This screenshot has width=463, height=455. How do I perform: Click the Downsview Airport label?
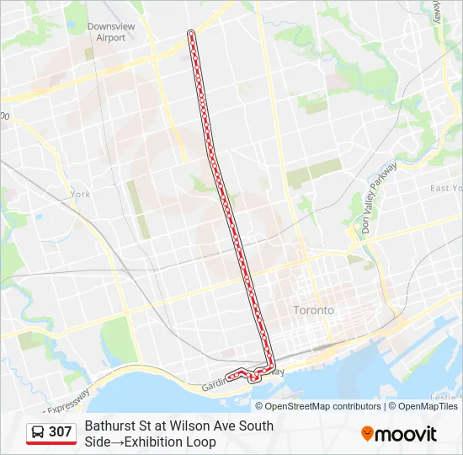click(x=111, y=32)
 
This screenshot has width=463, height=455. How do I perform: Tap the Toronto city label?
click(x=313, y=310)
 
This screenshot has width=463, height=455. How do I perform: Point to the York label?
click(x=81, y=194)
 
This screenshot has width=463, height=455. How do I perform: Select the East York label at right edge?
click(x=445, y=189)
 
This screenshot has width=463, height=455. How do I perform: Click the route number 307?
click(x=61, y=432)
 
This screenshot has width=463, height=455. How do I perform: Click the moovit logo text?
click(x=407, y=434)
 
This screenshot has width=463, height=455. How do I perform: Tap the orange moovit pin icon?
click(x=368, y=434)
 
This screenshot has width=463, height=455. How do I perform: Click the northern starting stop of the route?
click(x=192, y=34)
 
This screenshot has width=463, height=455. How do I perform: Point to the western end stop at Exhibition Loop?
click(x=229, y=377)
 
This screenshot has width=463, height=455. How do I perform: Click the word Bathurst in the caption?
click(x=110, y=426)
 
